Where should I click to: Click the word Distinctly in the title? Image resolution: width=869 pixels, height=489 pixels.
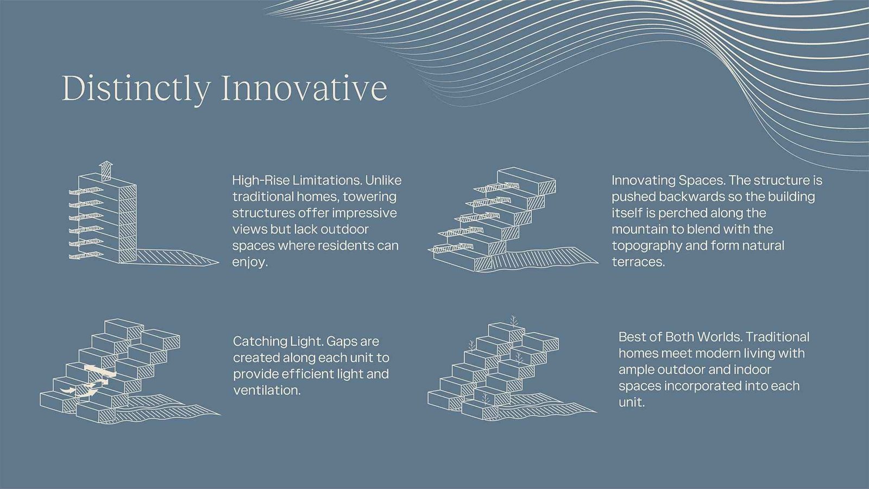click(x=136, y=89)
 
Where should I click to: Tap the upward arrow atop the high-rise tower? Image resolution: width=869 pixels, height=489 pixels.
click(x=106, y=171)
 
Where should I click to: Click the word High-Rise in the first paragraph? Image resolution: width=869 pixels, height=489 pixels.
click(x=259, y=180)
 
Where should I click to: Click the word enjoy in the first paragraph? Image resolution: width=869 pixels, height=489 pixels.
click(x=249, y=262)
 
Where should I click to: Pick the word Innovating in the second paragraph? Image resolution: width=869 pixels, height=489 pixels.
click(x=643, y=180)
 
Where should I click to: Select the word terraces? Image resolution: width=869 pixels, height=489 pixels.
click(x=638, y=262)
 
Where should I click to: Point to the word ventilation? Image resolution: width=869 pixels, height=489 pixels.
click(x=267, y=391)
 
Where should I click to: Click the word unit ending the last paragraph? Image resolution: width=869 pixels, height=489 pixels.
click(x=631, y=403)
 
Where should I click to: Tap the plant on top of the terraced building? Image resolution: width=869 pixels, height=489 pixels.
click(x=513, y=321)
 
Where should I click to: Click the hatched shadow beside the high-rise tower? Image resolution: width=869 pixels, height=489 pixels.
click(x=177, y=258)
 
